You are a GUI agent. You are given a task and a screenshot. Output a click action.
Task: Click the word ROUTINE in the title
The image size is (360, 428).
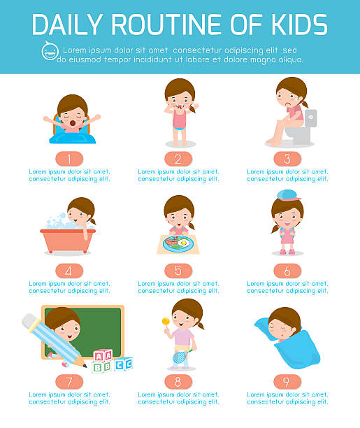click(166, 24)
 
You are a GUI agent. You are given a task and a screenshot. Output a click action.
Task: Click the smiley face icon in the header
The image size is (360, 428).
click(50, 51)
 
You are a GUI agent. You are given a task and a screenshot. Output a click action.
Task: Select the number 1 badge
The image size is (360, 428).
click(69, 159)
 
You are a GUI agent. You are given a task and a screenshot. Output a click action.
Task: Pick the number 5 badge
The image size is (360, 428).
click(178, 271)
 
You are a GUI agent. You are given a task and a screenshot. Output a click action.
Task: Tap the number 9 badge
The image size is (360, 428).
click(287, 382)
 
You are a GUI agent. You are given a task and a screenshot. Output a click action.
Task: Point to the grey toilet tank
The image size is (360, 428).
click(310, 118)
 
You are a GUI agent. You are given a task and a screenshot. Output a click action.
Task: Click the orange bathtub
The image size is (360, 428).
click(68, 241)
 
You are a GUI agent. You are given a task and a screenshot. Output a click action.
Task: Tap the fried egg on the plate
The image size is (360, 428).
click(183, 243)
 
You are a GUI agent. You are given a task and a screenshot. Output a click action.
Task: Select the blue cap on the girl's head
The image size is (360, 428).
click(288, 195)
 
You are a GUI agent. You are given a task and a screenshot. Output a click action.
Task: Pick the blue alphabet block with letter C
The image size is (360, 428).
click(123, 364)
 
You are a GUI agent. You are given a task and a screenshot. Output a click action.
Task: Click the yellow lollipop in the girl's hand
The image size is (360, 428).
click(166, 321)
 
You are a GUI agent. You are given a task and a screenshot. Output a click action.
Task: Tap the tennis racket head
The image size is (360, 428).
click(180, 357)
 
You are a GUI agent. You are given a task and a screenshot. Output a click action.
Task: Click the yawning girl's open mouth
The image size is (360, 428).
click(73, 123)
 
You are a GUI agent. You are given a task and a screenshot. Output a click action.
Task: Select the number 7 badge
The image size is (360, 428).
click(69, 382)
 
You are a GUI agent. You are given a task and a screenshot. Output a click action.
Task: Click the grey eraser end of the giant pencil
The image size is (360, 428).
click(29, 320)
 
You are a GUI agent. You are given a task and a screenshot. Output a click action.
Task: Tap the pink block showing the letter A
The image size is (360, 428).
click(103, 356)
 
